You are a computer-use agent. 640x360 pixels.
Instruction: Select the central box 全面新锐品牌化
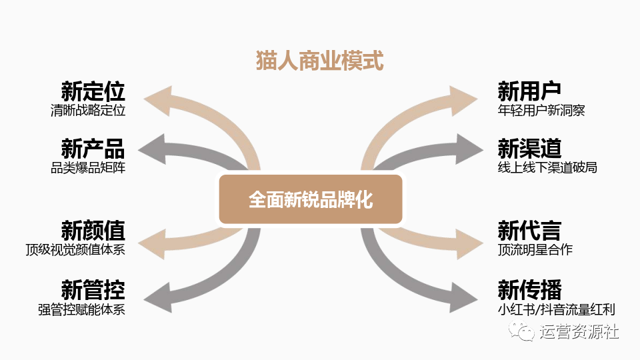pos(311,199)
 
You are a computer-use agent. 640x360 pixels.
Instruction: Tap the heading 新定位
pos(93,91)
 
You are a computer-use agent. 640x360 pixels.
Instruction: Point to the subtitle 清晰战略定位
pos(88,111)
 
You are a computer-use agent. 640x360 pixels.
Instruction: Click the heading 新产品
pos(93,148)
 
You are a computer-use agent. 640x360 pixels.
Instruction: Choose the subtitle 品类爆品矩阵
pos(88,167)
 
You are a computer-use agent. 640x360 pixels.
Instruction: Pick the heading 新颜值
pos(93,231)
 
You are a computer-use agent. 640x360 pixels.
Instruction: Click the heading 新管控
pos(93,289)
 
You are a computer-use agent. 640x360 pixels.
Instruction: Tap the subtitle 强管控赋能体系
pos(81,309)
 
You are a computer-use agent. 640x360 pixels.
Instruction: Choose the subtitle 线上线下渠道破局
pos(547,167)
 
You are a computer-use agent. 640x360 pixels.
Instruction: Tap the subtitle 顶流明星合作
pos(535,250)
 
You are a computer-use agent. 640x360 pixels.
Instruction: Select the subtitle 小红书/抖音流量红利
pos(556,309)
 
